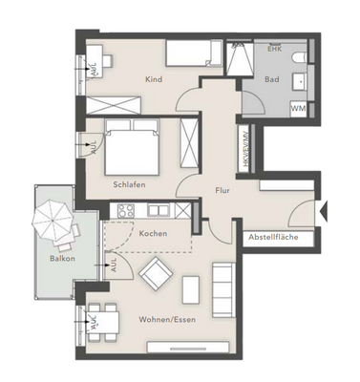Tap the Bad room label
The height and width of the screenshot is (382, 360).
coord(272,80)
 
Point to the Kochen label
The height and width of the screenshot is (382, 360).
coord(155,233)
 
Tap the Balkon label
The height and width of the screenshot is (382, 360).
coord(63,259)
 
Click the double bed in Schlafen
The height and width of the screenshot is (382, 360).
coord(130,146)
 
